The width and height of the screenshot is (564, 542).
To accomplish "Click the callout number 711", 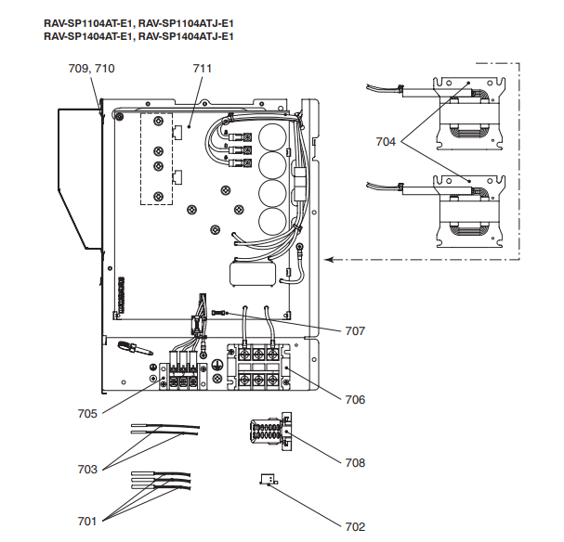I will pos(203,69).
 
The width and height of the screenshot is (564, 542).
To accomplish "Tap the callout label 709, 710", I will pos(92,69).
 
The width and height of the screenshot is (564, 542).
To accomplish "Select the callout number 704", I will pos(387,142).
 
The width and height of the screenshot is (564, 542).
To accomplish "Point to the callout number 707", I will pos(355,330).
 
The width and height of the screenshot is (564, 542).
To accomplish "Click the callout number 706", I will pos(354,400).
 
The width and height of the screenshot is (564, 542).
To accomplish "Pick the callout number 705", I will pos(86,415).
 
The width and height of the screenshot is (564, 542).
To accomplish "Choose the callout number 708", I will pos(355,462).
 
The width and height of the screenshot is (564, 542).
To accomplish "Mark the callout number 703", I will pos(86,470).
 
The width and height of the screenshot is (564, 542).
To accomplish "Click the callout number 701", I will pos(86,521).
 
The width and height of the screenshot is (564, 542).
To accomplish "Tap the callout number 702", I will pos(355,526).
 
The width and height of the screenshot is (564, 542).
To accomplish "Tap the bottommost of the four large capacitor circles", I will pos(271,222).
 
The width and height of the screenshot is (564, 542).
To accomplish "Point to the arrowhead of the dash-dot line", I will pos(327,260).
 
